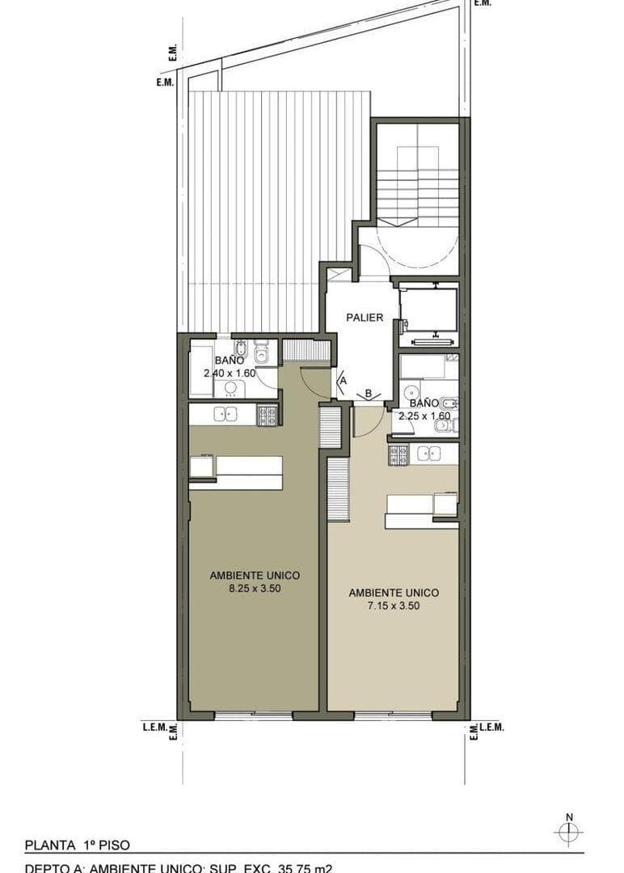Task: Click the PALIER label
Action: pyautogui.click(x=365, y=318)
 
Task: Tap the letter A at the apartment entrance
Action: pyautogui.click(x=343, y=379)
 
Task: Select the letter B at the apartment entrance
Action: pyautogui.click(x=369, y=394)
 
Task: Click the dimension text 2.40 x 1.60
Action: pyautogui.click(x=230, y=373)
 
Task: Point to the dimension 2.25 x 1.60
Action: pyautogui.click(x=424, y=415)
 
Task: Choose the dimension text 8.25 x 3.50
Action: pyautogui.click(x=255, y=589)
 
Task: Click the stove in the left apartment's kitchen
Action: pyautogui.click(x=267, y=415)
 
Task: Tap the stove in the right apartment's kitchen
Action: pyautogui.click(x=398, y=454)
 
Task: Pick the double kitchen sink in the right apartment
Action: pyautogui.click(x=428, y=453)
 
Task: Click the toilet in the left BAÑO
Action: pyautogui.click(x=261, y=353)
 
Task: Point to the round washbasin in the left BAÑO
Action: pyautogui.click(x=231, y=389)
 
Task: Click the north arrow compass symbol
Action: pyautogui.click(x=569, y=831)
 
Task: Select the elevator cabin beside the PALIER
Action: pyautogui.click(x=428, y=310)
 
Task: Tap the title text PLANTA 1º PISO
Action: pyautogui.click(x=77, y=846)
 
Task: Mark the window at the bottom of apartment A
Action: pyautogui.click(x=253, y=715)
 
